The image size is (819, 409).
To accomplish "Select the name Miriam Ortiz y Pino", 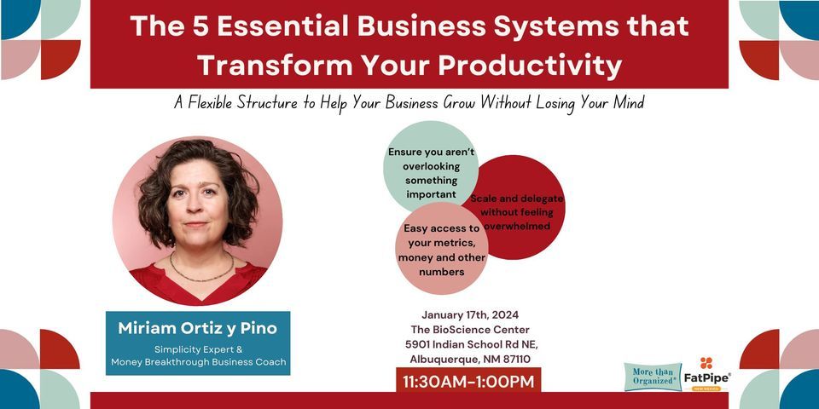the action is click(x=197, y=328).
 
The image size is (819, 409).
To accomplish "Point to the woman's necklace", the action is click(x=201, y=270).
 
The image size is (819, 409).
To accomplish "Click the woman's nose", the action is click(x=195, y=206).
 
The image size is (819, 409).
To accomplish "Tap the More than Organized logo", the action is click(x=653, y=377).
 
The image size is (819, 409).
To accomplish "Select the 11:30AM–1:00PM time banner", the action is click(x=468, y=381).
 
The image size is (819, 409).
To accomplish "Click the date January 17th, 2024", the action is click(x=470, y=315).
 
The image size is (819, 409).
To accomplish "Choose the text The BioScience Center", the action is click(x=470, y=330).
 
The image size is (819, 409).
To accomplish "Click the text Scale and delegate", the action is click(x=517, y=199).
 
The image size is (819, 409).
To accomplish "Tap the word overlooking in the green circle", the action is click(x=432, y=166).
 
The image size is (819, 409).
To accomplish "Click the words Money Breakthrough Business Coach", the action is click(x=198, y=361).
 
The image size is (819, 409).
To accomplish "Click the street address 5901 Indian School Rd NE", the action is click(x=472, y=344).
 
